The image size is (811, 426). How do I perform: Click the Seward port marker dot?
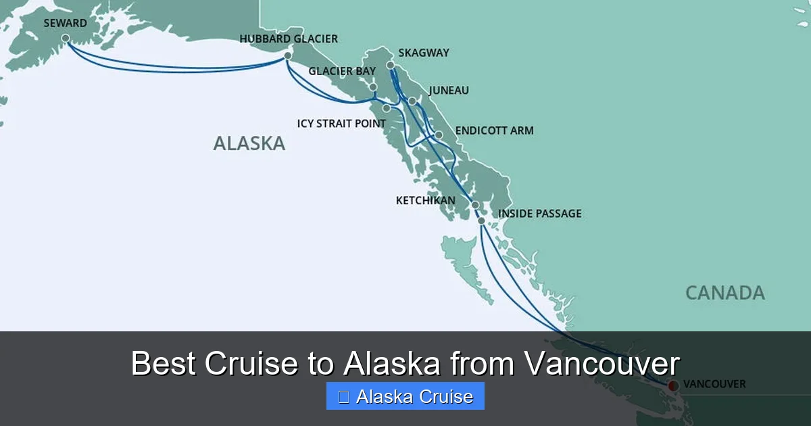pyautogui.click(x=66, y=39)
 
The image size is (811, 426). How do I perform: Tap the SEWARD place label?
pyautogui.click(x=65, y=23)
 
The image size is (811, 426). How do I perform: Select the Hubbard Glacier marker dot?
pyautogui.click(x=288, y=55)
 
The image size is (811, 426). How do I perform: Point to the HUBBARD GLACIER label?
pyautogui.click(x=289, y=39)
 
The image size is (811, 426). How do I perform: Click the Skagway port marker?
pyautogui.click(x=391, y=65)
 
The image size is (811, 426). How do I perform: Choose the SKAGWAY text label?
pyautogui.click(x=424, y=53)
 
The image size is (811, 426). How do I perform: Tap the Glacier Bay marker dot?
pyautogui.click(x=373, y=87)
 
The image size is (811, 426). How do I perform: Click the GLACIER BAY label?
pyautogui.click(x=342, y=71)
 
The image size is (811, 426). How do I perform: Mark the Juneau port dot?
pyautogui.click(x=412, y=101)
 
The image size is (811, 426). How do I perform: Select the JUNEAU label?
pyautogui.click(x=449, y=91)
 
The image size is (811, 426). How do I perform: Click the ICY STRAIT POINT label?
pyautogui.click(x=341, y=124)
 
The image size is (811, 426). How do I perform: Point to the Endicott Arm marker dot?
pyautogui.click(x=439, y=135)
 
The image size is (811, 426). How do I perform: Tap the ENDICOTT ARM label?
pyautogui.click(x=494, y=131)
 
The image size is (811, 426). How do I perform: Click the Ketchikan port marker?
pyautogui.click(x=475, y=205)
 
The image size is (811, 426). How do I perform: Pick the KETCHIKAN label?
pyautogui.click(x=425, y=201)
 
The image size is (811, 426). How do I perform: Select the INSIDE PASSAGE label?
pyautogui.click(x=539, y=214)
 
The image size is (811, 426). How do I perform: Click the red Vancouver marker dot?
pyautogui.click(x=672, y=385)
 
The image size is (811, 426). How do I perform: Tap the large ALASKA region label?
pyautogui.click(x=249, y=143)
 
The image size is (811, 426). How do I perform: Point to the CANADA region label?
pyautogui.click(x=725, y=293)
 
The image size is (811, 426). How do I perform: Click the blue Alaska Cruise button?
pyautogui.click(x=405, y=396)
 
